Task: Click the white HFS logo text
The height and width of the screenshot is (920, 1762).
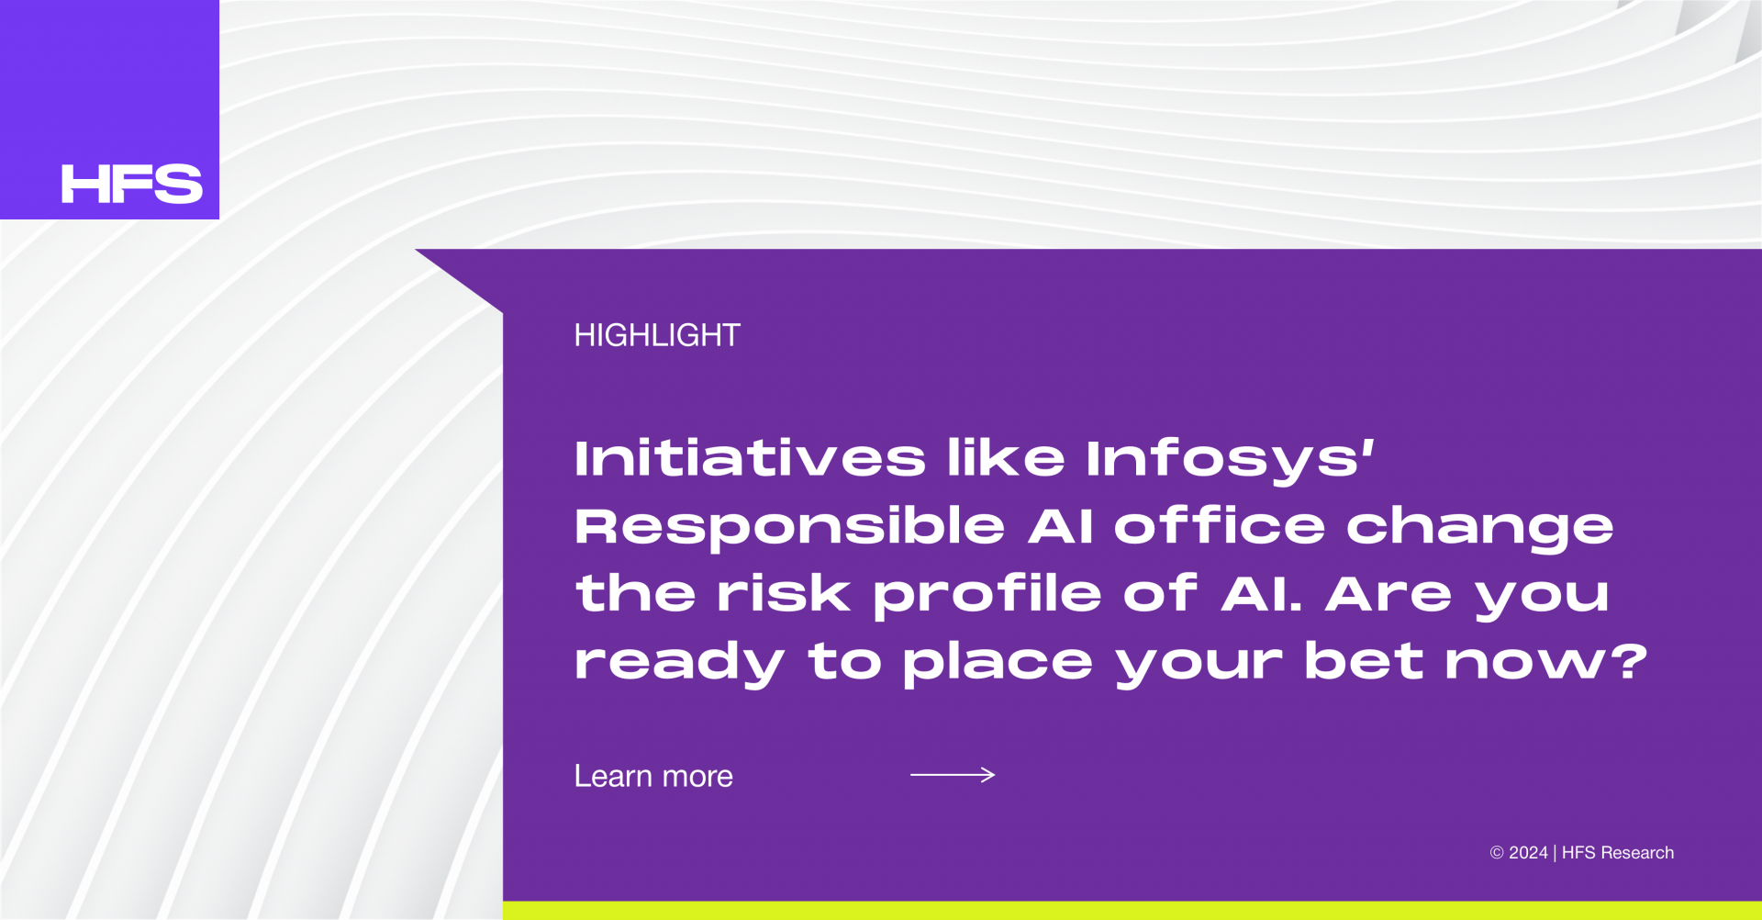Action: (132, 184)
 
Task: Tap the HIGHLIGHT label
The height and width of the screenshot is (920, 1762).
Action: (657, 335)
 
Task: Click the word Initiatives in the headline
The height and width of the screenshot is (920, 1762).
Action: (750, 457)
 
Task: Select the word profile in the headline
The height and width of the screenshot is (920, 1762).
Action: (987, 595)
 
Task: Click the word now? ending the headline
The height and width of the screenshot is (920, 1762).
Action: (1546, 661)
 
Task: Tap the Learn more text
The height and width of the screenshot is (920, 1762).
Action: (653, 776)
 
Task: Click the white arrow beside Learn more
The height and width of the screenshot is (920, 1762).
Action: (953, 775)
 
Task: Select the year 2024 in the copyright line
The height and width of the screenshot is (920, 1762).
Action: (1528, 852)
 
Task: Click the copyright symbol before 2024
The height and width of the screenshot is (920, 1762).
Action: (1497, 853)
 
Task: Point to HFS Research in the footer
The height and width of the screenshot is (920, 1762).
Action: (1618, 852)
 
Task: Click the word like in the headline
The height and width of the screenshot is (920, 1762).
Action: (1006, 457)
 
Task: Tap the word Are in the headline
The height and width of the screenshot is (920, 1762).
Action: (1388, 593)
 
